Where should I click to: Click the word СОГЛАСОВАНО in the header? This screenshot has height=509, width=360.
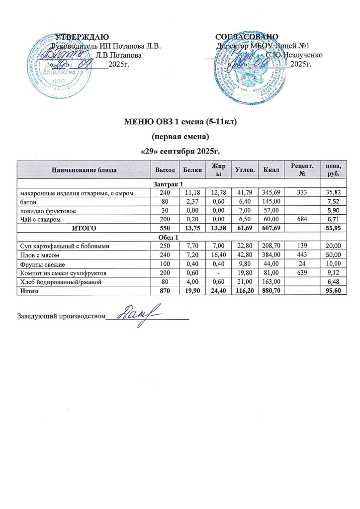[247, 37]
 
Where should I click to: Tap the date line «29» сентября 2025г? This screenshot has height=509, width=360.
[179, 150]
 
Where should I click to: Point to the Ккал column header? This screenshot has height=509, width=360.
[271, 170]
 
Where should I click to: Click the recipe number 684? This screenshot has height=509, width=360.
[299, 219]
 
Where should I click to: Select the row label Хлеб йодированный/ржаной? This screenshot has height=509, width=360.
[53, 282]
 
